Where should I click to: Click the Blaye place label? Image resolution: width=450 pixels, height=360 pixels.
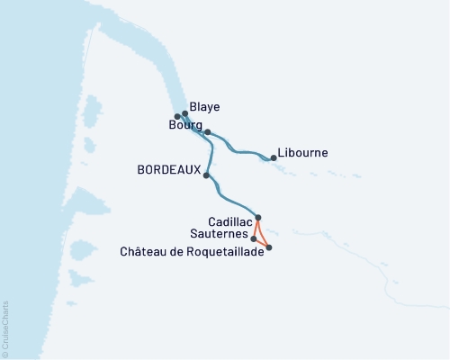206,107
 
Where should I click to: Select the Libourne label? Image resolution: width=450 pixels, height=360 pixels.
302,153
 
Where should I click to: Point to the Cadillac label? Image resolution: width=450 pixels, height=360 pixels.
229,220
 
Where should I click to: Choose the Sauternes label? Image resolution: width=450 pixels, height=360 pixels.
220,233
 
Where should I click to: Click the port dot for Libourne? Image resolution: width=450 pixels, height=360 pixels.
274,158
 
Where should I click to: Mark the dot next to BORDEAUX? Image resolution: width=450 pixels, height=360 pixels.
207,175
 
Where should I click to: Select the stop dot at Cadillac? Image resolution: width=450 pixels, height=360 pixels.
258,217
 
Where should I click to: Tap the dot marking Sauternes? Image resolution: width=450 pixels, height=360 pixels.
254,238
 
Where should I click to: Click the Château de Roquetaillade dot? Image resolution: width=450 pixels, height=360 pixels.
268,247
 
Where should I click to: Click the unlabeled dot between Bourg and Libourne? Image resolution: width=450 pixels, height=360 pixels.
208,132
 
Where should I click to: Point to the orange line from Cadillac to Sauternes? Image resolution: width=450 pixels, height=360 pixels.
256,228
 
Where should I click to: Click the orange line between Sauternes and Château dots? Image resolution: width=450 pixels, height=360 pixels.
261,243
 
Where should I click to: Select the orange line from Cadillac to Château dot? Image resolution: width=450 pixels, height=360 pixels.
264,232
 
